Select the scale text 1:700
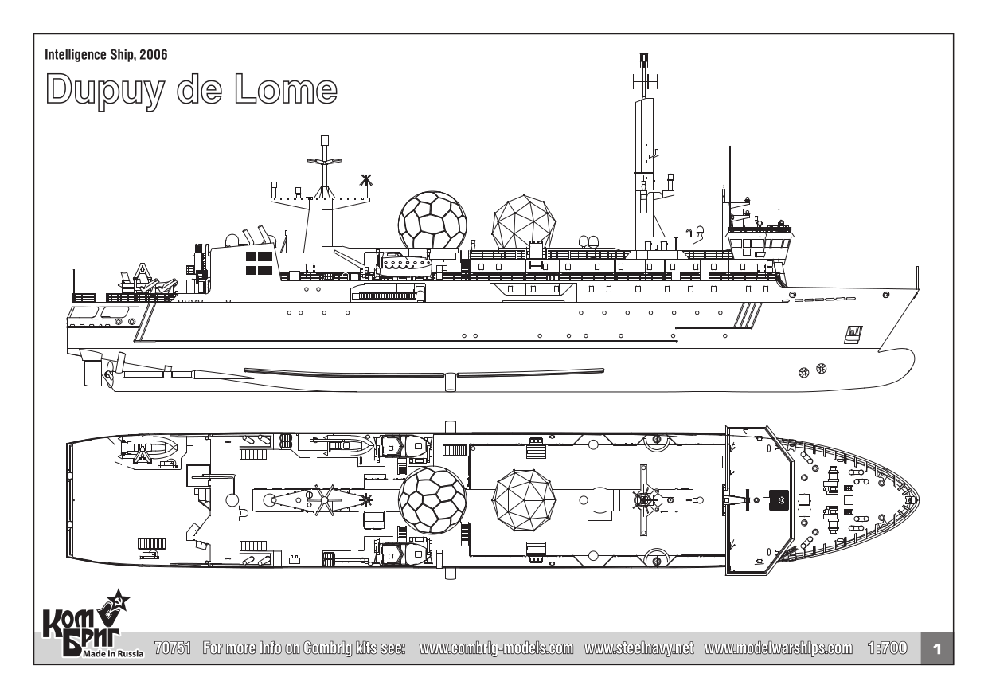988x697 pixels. click(885, 648)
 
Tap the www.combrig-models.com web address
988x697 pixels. click(496, 648)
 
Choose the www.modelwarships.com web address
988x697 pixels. click(779, 648)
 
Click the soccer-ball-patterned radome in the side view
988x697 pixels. click(432, 220)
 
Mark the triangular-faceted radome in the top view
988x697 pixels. click(523, 501)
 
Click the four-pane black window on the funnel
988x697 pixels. click(259, 264)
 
